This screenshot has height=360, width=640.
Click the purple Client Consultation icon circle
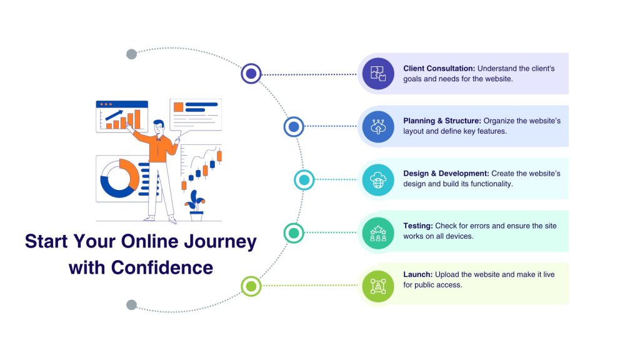pyautogui.click(x=378, y=74)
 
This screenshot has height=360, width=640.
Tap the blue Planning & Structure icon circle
pyautogui.click(x=378, y=126)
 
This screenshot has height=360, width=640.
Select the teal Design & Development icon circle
pyautogui.click(x=378, y=179)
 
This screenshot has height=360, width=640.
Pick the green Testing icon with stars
pyautogui.click(x=378, y=233)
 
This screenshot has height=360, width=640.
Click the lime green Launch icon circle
pyautogui.click(x=378, y=286)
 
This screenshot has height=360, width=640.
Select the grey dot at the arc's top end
pyautogui.click(x=131, y=54)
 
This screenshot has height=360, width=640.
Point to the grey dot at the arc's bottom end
pyautogui.click(x=131, y=305)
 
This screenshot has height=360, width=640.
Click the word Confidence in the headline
pyautogui.click(x=162, y=267)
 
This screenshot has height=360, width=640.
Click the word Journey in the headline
pyautogui.click(x=221, y=242)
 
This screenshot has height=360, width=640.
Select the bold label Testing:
pyautogui.click(x=418, y=226)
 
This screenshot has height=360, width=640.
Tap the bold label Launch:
pyautogui.click(x=418, y=274)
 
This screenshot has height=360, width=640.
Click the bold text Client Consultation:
pyautogui.click(x=439, y=68)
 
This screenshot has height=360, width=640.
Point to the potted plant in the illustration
pyautogui.click(x=195, y=205)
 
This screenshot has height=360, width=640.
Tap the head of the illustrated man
pyautogui.click(x=159, y=125)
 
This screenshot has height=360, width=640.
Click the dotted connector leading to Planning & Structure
pyautogui.click(x=331, y=126)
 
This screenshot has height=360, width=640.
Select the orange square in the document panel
pyautogui.click(x=178, y=107)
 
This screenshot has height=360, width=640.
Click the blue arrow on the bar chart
pyautogui.click(x=114, y=115)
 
